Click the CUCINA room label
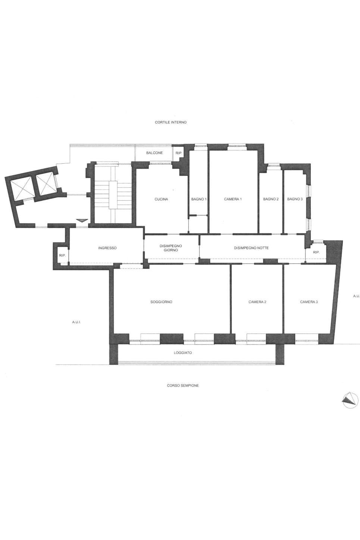point(161,199)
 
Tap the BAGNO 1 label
point(199,199)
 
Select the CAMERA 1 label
point(233,199)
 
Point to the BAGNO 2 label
point(271,199)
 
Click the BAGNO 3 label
point(295,199)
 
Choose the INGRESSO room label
point(107,248)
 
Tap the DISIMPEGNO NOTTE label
point(251,248)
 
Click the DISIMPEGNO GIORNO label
point(171,248)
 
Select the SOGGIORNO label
point(161,302)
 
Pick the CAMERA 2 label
point(257,302)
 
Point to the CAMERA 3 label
point(309,302)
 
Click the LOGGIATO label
point(183,353)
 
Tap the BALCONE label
point(154,153)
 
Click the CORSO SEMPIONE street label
point(183,386)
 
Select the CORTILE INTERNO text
point(171,122)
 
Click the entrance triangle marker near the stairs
point(82,220)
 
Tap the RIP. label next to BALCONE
point(179,153)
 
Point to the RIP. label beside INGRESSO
point(62,255)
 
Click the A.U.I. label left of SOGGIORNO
point(76,322)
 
